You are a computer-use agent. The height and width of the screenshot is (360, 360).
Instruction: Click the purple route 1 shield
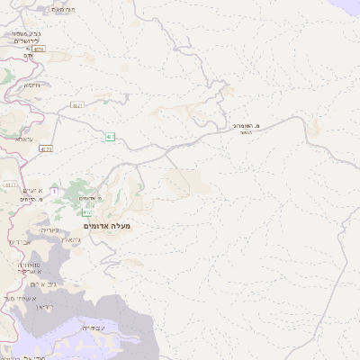point(54,192)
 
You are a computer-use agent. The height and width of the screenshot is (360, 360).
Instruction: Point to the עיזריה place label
point(49,230)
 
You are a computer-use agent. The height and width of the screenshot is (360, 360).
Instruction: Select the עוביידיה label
point(94,328)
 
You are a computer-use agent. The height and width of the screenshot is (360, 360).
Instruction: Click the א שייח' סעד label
point(20,298)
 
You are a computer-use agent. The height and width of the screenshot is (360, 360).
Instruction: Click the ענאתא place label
point(24,139)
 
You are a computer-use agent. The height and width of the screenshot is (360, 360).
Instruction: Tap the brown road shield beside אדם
point(39,49)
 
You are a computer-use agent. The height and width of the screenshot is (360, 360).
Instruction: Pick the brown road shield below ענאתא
point(46,149)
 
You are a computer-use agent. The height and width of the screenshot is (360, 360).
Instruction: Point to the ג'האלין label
point(74,239)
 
